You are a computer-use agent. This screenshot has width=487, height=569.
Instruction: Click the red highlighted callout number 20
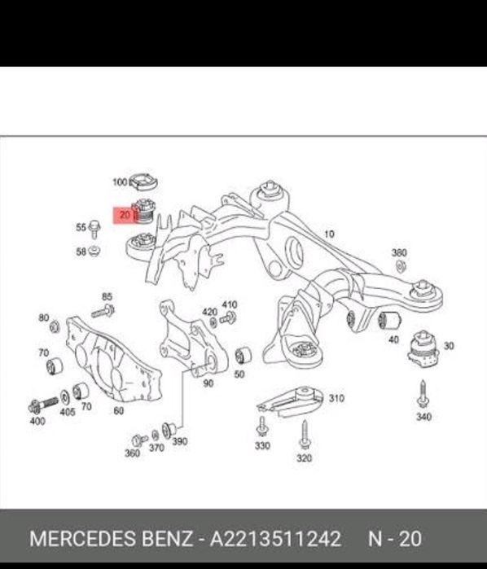tap(125, 215)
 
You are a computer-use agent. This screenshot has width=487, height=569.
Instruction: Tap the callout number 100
tap(121, 182)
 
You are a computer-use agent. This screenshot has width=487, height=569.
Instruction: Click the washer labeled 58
tap(94, 251)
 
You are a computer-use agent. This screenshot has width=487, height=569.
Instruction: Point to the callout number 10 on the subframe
tap(329, 234)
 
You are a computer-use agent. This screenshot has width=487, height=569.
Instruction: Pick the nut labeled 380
tap(401, 267)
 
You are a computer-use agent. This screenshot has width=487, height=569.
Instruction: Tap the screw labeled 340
tap(423, 395)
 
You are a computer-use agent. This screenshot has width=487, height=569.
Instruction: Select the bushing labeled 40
tap(389, 321)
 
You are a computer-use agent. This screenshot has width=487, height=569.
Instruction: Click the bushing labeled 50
tap(243, 356)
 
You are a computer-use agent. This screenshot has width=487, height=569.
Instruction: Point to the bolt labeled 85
tap(103, 311)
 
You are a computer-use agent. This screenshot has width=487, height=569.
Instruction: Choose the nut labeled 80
tap(55, 327)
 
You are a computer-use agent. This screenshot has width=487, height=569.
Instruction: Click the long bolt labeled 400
tap(43, 405)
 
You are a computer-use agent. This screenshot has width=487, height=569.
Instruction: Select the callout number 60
tap(119, 411)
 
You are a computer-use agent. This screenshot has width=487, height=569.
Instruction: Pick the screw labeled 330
tap(262, 427)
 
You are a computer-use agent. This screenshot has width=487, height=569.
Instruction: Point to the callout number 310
tap(336, 398)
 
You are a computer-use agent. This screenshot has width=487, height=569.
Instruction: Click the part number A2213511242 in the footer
tap(275, 539)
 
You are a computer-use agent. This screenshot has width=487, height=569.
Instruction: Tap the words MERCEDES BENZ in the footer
tap(111, 539)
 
